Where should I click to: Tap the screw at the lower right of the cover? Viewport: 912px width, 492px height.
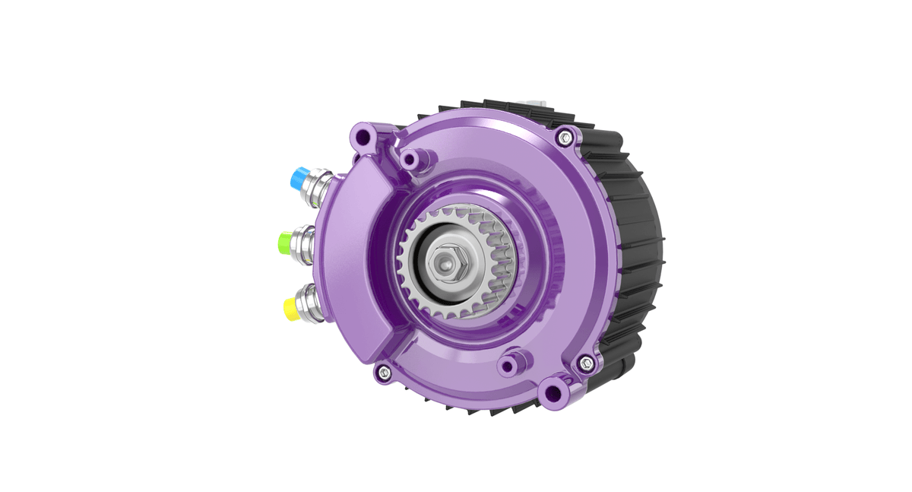click(x=585, y=363)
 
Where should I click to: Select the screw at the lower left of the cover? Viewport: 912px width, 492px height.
click(x=384, y=372)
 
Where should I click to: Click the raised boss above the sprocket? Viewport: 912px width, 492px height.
click(x=412, y=160)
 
